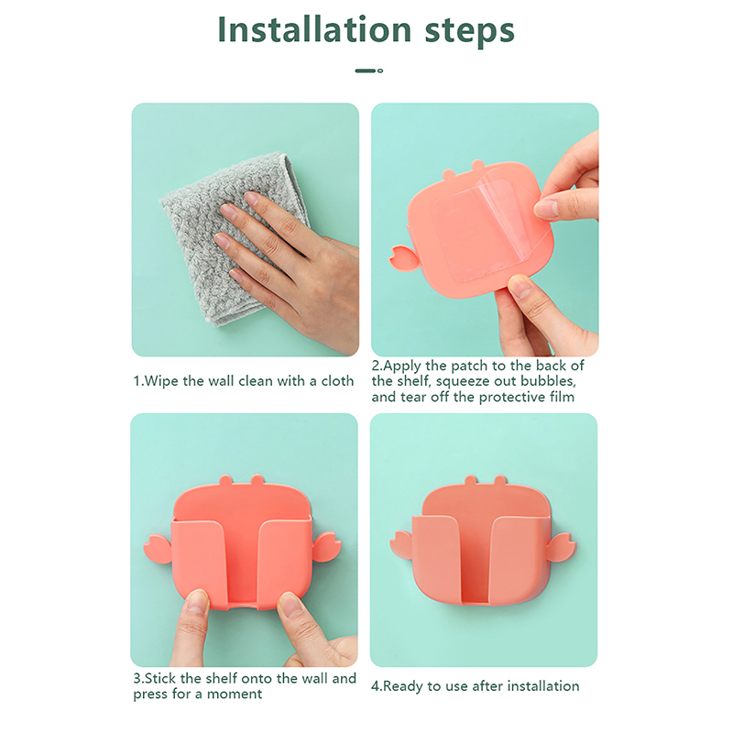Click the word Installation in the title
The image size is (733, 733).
314,30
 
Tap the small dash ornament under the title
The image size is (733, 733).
369,71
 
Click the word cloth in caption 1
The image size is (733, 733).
337,381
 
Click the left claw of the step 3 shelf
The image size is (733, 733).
158,549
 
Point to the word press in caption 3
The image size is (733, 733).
150,695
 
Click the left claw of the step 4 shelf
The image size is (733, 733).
401,545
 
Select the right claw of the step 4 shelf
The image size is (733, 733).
563,546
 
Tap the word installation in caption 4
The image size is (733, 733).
543,686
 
